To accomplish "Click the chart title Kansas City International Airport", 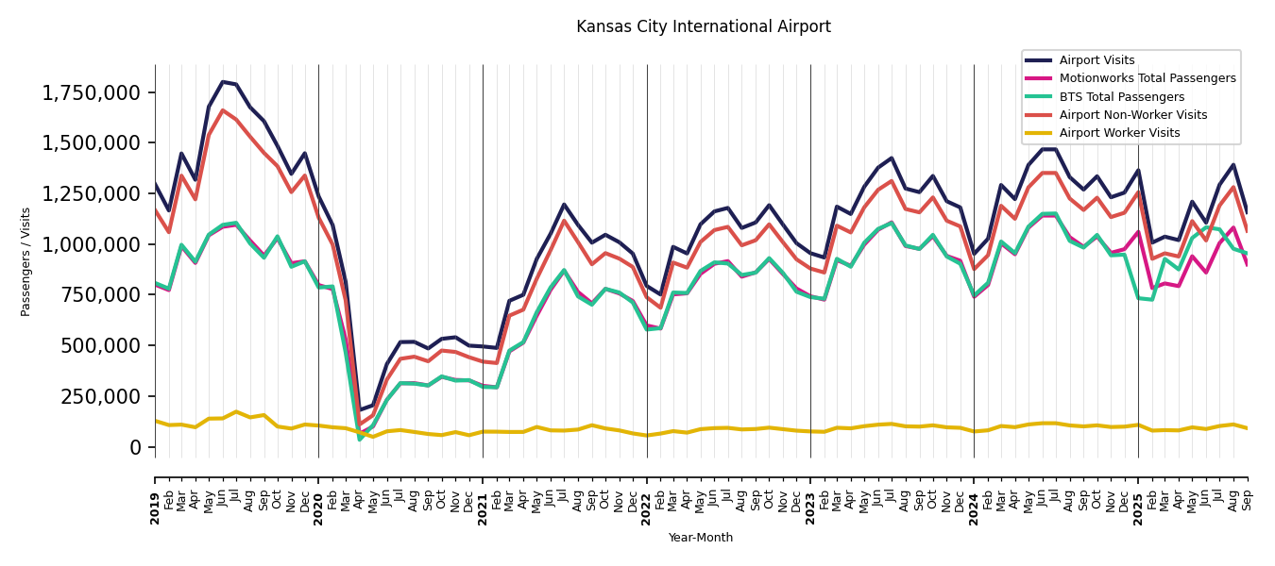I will click(704, 27).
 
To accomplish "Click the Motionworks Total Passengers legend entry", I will click(1147, 78).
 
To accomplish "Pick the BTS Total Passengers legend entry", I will click(1121, 97).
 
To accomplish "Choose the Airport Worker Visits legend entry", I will click(1119, 133).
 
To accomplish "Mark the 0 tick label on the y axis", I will click(135, 446).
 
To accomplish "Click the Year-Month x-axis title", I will click(701, 538).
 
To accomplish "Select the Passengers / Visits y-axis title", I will click(26, 261).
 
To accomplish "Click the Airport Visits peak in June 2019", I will click(223, 82).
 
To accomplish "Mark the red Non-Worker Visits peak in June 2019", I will click(223, 110).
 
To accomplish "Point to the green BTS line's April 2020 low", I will click(360, 439).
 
